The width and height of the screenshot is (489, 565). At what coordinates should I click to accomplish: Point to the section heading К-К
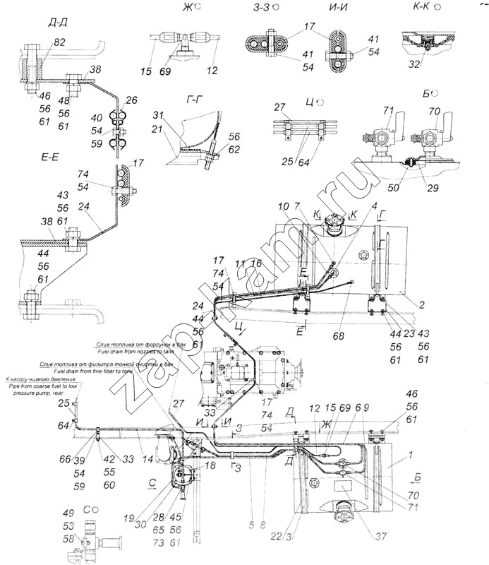[x=421, y=7]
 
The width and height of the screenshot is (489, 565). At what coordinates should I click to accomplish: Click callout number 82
[x=59, y=42]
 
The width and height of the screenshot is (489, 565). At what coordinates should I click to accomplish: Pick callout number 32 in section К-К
[x=414, y=64]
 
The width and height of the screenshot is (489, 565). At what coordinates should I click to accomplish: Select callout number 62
[x=234, y=149]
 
